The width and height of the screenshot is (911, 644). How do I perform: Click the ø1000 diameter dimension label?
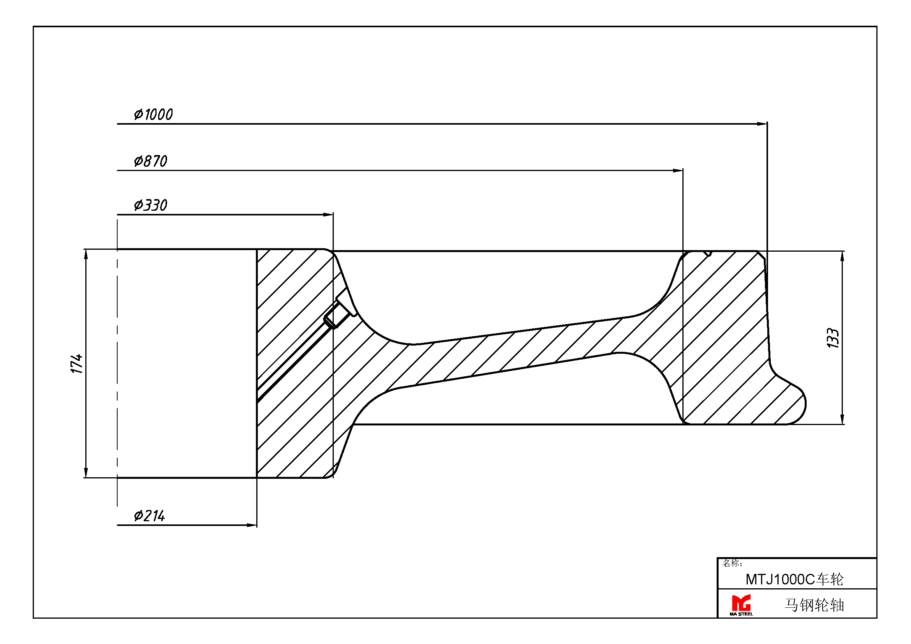(153, 114)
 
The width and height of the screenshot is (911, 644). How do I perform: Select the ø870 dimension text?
(150, 161)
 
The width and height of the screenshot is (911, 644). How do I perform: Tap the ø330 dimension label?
(150, 205)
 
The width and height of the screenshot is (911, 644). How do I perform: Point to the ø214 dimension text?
(149, 516)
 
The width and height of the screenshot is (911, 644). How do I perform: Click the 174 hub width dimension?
(77, 363)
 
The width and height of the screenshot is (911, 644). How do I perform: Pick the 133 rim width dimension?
(833, 338)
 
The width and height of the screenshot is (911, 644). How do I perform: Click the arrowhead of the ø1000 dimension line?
(762, 124)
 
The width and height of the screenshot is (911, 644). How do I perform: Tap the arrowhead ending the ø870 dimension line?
(678, 171)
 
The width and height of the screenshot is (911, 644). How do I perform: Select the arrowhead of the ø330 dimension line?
(328, 215)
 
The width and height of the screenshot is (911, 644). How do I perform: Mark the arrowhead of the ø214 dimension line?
(252, 525)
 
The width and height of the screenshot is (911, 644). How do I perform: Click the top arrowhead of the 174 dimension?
(86, 255)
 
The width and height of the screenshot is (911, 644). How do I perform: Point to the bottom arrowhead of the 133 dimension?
(842, 419)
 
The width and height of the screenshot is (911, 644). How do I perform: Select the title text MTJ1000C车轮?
(794, 580)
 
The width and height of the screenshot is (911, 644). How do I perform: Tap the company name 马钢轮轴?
(814, 605)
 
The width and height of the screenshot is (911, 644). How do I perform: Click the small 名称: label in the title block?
(732, 563)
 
